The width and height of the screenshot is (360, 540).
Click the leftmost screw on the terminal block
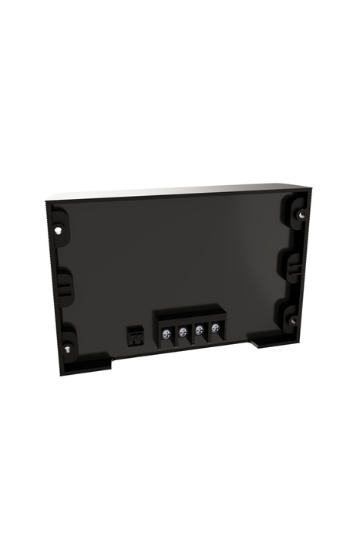[x=166, y=332]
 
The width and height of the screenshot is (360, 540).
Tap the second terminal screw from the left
[x=183, y=332]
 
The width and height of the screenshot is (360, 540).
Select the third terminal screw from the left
[x=200, y=330]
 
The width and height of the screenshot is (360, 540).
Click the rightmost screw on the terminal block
[x=216, y=329]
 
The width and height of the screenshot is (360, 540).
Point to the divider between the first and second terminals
[x=174, y=333]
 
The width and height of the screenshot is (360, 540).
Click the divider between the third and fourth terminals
[x=208, y=330]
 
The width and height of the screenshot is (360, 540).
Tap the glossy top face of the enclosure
[x=177, y=190]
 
